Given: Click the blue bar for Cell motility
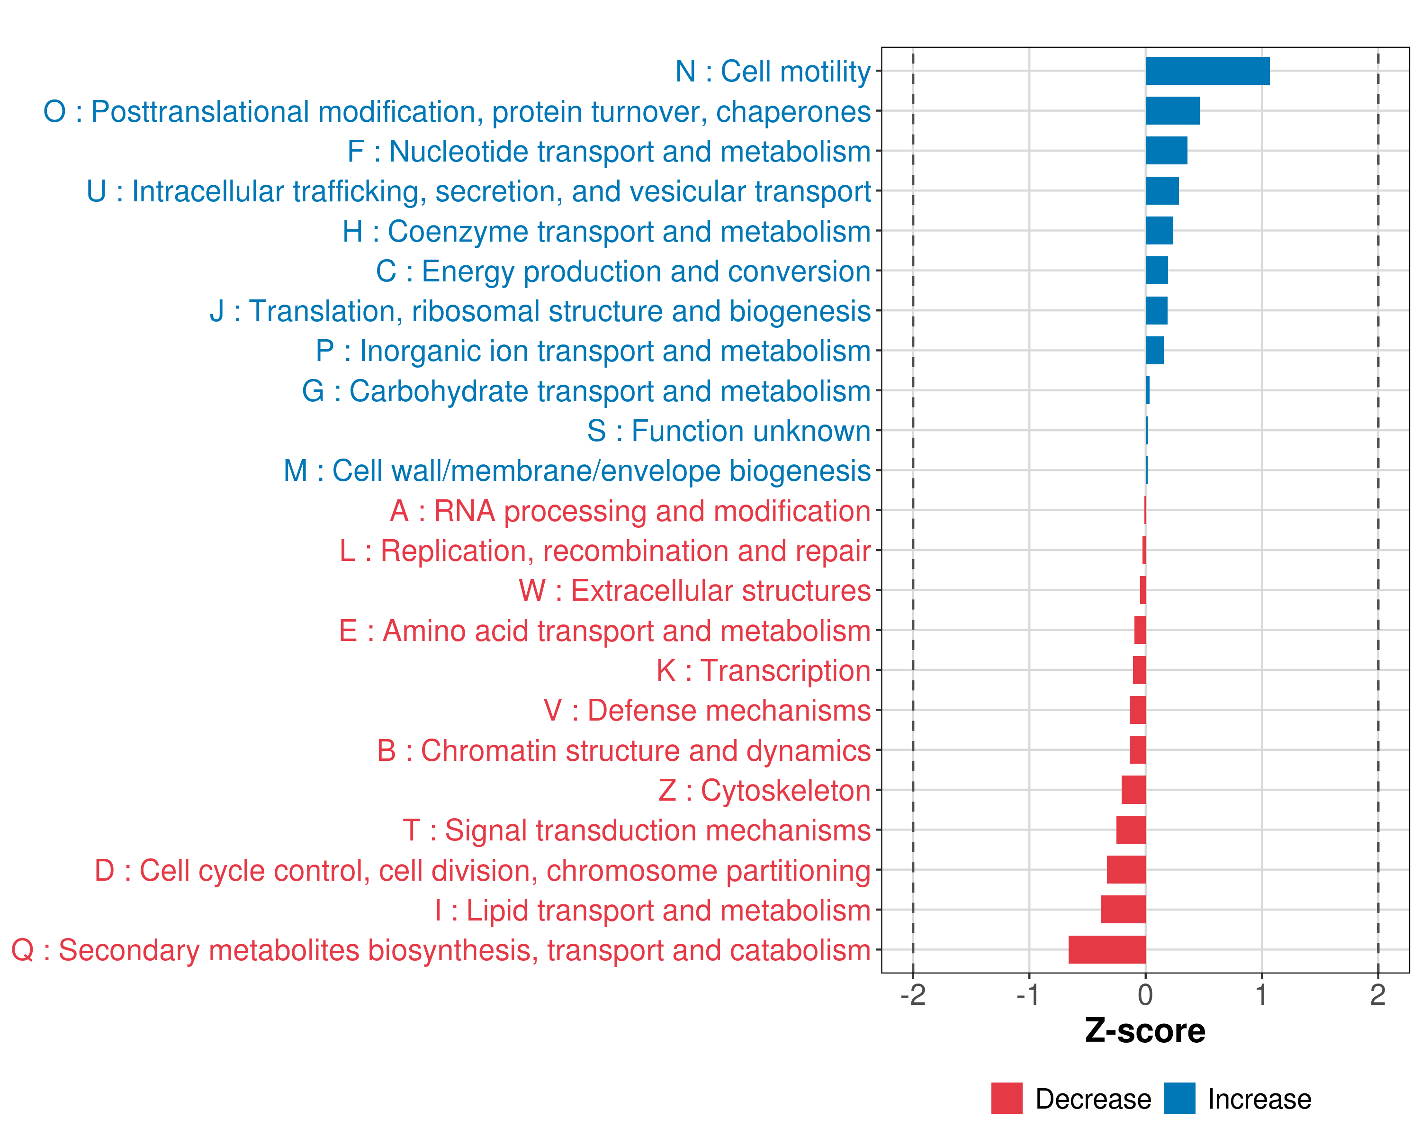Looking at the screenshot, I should coord(1207,71).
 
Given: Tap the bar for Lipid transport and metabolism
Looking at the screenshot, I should coord(1123,910).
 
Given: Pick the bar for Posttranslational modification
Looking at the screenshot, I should coord(1172,111).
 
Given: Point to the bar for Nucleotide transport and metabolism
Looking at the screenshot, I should coord(1166,151).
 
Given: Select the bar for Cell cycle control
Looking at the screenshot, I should coord(1126,870).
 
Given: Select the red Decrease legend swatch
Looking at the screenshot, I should coord(1007,1098).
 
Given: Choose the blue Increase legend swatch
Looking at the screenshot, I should coord(1179,1098).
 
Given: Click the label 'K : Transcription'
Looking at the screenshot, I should coord(763,671).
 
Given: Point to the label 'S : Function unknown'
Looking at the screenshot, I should coord(728,431).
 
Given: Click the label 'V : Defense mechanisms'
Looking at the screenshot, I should coord(707,711).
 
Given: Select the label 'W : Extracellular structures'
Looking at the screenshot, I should coord(695,591).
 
